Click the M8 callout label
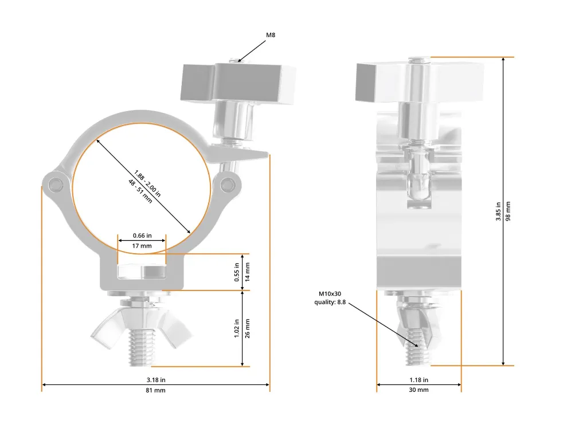pos(271,35)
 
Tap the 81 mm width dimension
pos(155,390)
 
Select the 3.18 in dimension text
pos(156,380)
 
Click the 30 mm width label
pos(418,390)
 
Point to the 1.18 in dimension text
pos(418,380)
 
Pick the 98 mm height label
pos(508,211)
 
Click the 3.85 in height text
pos(498,211)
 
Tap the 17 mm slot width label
pos(142,246)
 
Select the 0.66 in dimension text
pos(142,235)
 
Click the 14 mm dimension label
pos(247,272)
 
